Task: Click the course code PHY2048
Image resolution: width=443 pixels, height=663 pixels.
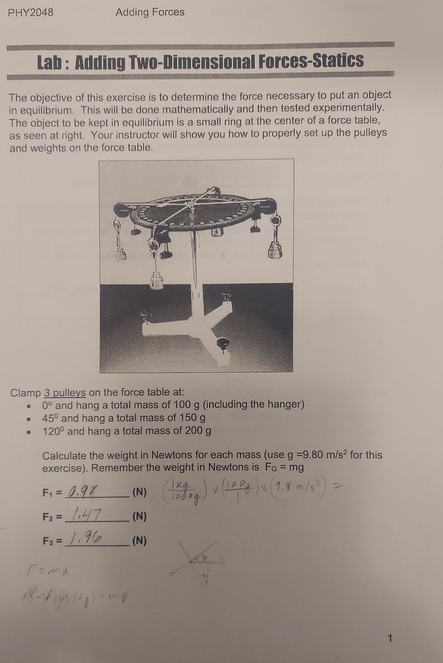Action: (x=31, y=13)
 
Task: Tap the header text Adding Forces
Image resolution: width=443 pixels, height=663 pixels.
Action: (x=150, y=12)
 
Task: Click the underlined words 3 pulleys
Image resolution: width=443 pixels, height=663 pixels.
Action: (x=65, y=393)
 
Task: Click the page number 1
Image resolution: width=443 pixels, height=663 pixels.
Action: (x=390, y=638)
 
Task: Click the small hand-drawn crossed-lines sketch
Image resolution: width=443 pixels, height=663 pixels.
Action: (x=198, y=560)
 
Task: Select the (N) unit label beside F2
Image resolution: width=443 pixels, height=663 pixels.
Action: (x=139, y=516)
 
